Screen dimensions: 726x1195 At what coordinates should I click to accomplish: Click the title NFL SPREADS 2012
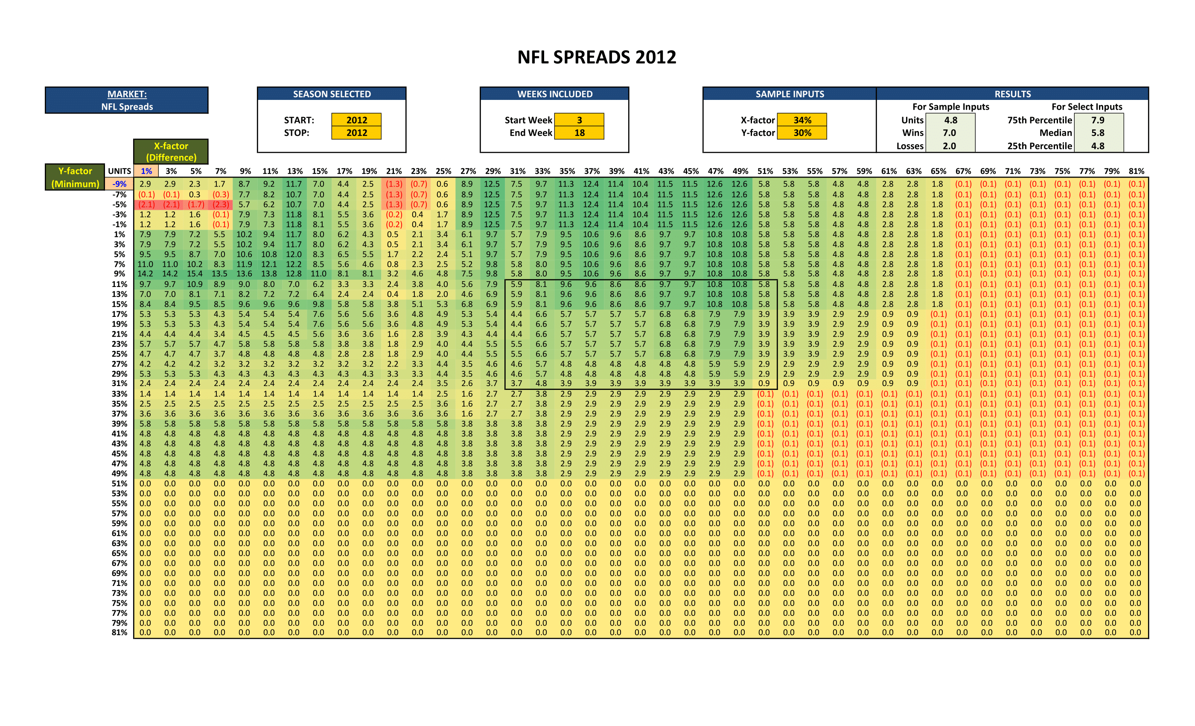pos(597,57)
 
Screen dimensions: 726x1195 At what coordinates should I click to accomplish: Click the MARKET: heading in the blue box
pos(127,94)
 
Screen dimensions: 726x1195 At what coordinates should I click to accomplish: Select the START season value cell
pos(356,120)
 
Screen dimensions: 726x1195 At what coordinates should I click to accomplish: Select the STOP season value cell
pos(356,132)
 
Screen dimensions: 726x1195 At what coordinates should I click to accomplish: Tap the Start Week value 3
pos(579,120)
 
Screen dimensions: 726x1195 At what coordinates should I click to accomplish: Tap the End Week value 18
pos(579,132)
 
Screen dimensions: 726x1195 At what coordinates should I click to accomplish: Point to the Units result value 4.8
pos(950,120)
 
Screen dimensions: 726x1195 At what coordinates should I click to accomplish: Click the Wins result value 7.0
pos(949,132)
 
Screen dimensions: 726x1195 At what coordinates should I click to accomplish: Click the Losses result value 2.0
pos(949,146)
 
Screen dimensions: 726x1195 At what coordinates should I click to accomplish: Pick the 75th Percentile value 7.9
pos(1098,120)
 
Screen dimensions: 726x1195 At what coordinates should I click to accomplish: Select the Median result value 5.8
pos(1098,132)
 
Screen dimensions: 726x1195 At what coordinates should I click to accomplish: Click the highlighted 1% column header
pos(146,171)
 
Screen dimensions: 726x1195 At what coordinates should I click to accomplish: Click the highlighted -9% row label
pos(119,184)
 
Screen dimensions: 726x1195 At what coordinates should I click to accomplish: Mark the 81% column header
pos(1136,171)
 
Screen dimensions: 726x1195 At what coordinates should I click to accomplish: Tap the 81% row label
pos(119,632)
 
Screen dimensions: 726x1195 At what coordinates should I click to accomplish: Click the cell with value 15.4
pos(195,274)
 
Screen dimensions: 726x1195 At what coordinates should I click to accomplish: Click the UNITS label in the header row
pos(119,171)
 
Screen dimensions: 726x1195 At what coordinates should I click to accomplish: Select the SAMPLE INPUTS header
pos(790,94)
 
